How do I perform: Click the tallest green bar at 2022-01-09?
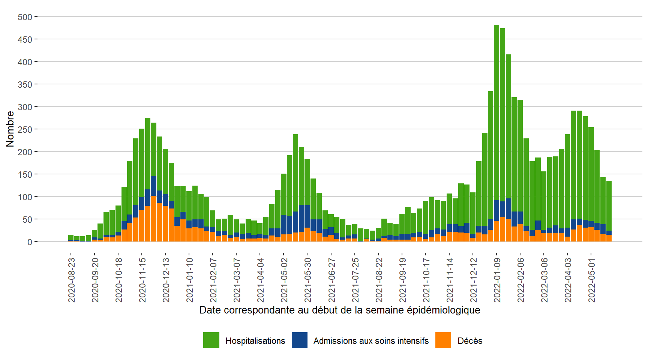click(496, 112)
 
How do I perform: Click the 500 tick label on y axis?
click(25, 17)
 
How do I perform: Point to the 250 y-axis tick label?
click(25, 129)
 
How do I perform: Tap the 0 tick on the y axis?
click(30, 242)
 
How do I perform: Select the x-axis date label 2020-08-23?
click(72, 280)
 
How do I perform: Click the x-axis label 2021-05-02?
click(284, 280)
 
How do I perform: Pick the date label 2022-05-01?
click(592, 280)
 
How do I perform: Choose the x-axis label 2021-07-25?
click(355, 280)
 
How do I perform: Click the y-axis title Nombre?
click(10, 129)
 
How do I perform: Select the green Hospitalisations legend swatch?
click(211, 340)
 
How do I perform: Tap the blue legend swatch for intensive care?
click(300, 340)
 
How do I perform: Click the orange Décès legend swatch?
click(443, 340)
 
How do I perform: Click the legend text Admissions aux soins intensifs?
click(371, 341)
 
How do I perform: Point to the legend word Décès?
click(470, 341)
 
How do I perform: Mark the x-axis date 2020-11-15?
click(142, 280)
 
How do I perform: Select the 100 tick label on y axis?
click(25, 197)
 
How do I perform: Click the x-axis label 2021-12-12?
click(474, 280)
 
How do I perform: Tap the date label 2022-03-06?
click(544, 280)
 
